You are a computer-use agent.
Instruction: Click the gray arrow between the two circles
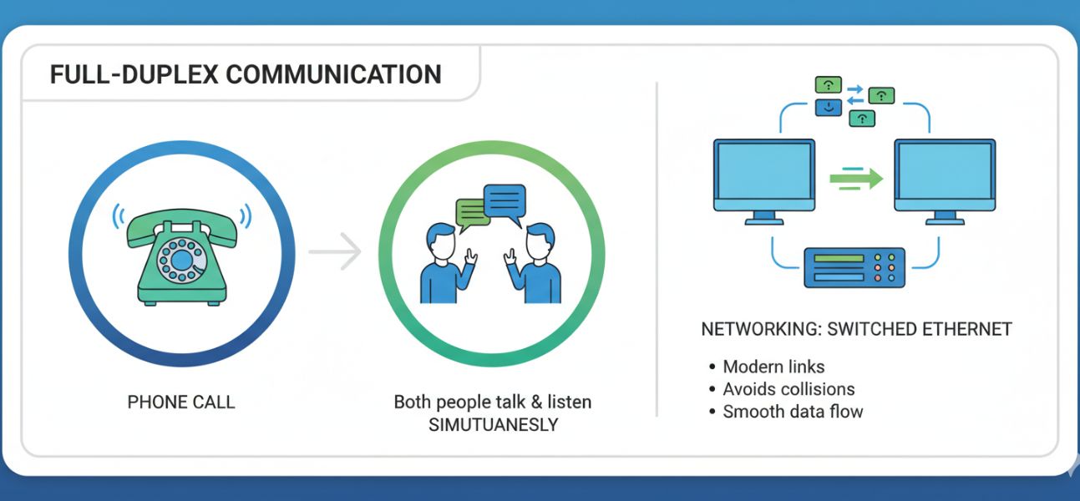(334, 251)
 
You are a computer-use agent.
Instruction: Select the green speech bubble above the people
(471, 213)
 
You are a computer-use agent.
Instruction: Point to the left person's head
(440, 242)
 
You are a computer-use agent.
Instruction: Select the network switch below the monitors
(854, 267)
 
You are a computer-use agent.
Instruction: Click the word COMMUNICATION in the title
(333, 74)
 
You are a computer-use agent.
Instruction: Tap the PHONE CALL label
(181, 402)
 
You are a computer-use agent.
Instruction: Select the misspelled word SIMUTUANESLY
(493, 424)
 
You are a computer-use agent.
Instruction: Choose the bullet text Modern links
(773, 367)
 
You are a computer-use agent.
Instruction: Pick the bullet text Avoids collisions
(788, 389)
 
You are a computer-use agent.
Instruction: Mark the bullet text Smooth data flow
(793, 412)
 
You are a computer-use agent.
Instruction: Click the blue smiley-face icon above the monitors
(827, 107)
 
